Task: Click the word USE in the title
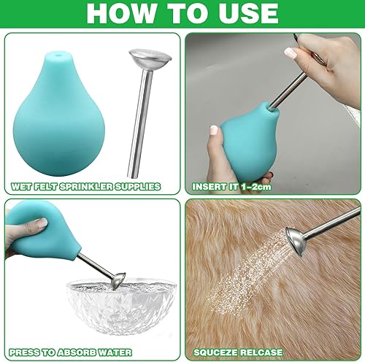tap(248, 13)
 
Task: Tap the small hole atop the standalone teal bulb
tap(58, 55)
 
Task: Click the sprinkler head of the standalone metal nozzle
tap(150, 58)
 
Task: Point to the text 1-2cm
tap(256, 187)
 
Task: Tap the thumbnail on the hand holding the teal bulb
tap(214, 130)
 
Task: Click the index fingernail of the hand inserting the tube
tap(291, 53)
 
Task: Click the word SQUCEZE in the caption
tap(215, 353)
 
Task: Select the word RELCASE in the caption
tap(260, 353)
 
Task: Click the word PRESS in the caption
tap(24, 353)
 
